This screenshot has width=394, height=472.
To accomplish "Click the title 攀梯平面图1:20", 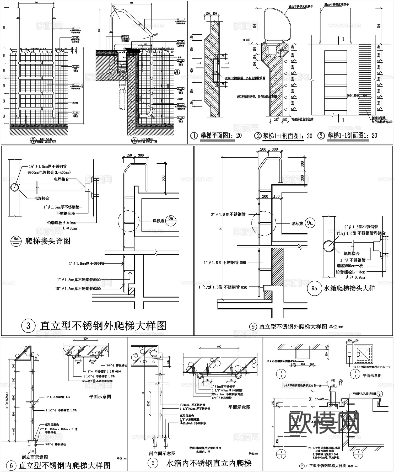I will coord(221,136).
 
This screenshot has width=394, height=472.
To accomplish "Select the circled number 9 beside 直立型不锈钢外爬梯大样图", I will coord(253,327).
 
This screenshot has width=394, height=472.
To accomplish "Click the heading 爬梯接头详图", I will coord(48,241).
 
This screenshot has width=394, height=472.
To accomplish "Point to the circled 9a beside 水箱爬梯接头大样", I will coord(314,288).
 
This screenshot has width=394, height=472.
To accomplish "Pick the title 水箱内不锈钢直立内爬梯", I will coord(209,463).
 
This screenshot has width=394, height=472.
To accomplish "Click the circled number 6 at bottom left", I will coord(11,466).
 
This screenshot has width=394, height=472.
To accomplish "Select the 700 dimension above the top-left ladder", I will coord(36,3).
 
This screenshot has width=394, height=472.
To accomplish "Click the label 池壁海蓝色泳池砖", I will coord(303,119).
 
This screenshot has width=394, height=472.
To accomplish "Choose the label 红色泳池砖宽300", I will coord(382,121).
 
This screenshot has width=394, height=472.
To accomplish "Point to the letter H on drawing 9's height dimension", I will coord(221,228).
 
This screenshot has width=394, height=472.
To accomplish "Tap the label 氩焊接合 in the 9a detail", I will coord(352,254).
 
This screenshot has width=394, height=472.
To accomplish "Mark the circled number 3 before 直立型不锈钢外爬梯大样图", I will coord(29,326).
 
